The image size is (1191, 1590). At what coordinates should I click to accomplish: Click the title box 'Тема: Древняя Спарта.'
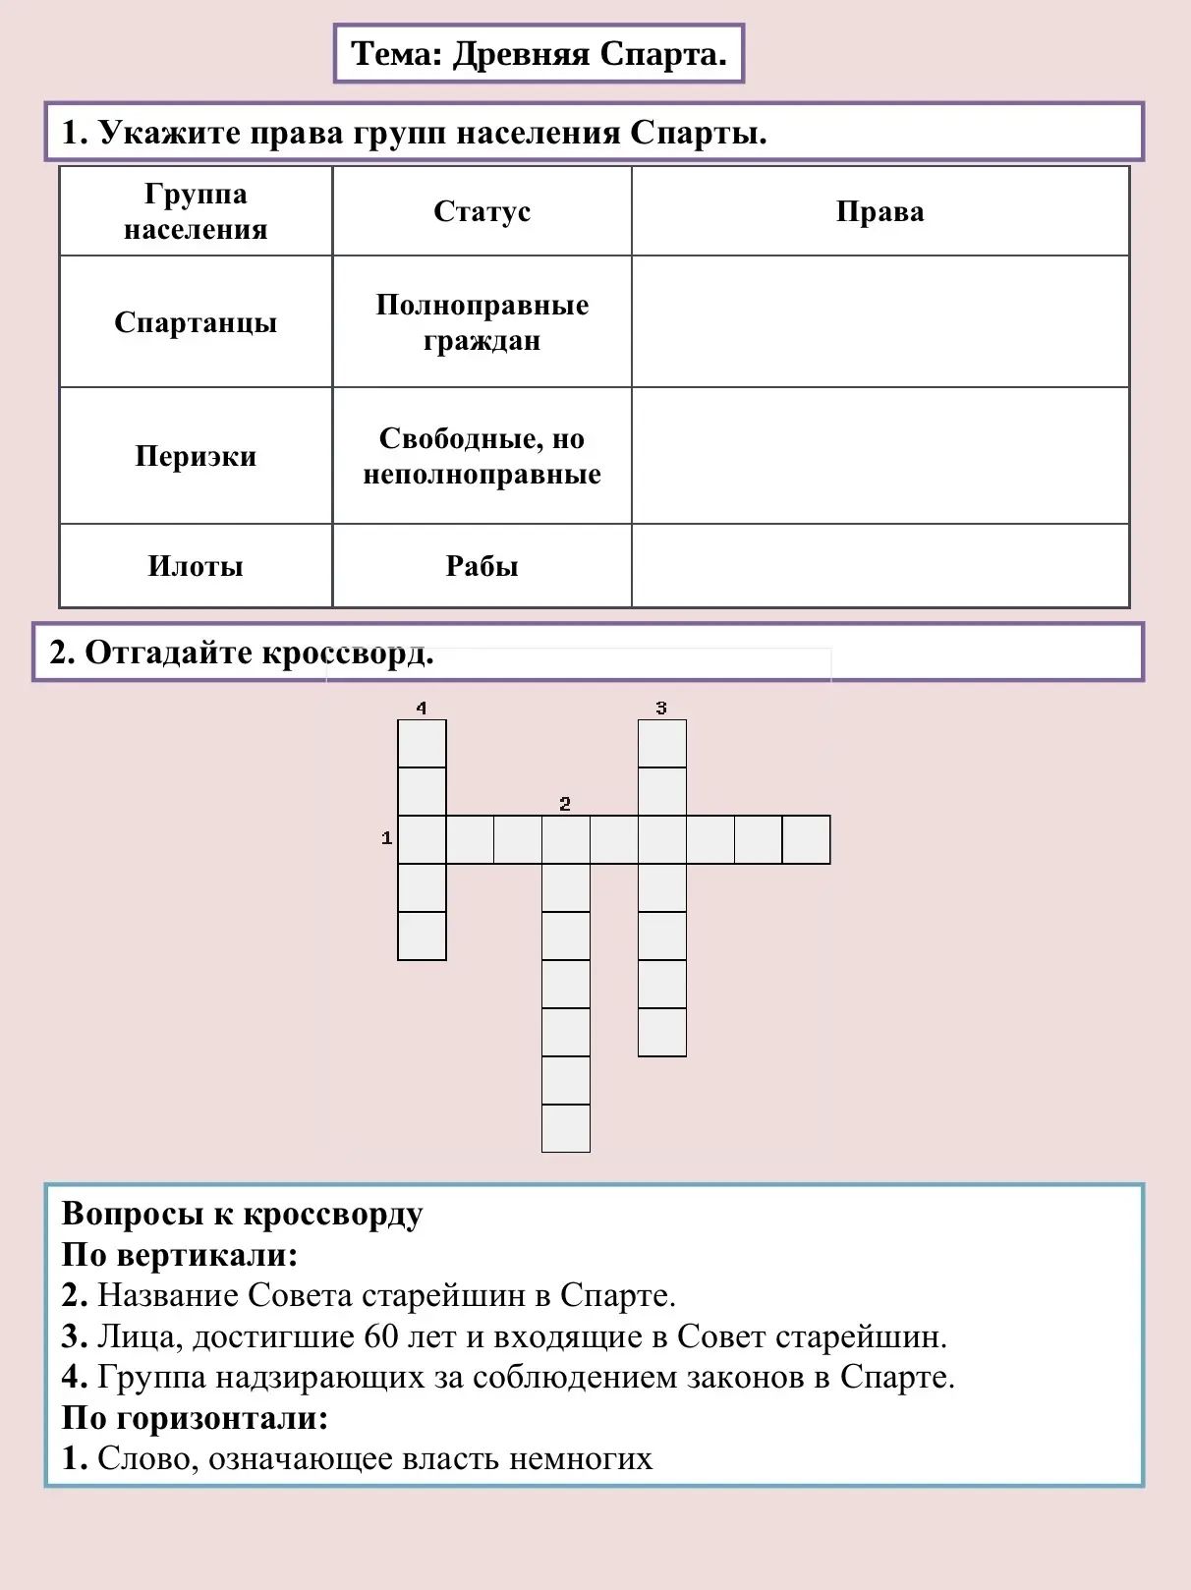pos(539,54)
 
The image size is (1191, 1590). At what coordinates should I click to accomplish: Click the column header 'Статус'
pos(482,211)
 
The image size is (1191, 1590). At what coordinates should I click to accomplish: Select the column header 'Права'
pos(879,211)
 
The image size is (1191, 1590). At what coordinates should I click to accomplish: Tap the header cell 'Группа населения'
pos(196,211)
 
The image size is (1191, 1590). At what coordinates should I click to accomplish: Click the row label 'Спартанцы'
pos(196,322)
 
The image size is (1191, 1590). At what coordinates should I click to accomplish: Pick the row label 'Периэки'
pos(196,456)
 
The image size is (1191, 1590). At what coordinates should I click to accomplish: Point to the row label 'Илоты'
pos(196,566)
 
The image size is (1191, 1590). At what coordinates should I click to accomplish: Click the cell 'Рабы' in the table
pos(482,566)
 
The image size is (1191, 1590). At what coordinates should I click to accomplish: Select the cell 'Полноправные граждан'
pos(482,322)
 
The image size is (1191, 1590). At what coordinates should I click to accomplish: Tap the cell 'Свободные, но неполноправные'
pos(482,456)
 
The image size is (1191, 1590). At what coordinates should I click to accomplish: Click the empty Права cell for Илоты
pos(879,566)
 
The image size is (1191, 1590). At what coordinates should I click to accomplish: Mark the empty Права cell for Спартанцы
pos(879,322)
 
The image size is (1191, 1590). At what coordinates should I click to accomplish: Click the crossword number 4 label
pos(422,708)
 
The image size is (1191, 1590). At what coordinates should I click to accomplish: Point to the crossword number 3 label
pos(661,708)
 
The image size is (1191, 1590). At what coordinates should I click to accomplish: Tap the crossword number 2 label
pos(565,804)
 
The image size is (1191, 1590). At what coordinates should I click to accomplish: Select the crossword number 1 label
pos(386,838)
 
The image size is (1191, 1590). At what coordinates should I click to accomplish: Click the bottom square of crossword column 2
pos(566,1128)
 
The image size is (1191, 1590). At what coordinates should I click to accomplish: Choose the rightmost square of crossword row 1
pos(807,839)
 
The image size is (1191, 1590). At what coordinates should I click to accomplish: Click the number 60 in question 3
pos(381,1336)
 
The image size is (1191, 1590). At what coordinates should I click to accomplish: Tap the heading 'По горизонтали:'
pos(195,1418)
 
